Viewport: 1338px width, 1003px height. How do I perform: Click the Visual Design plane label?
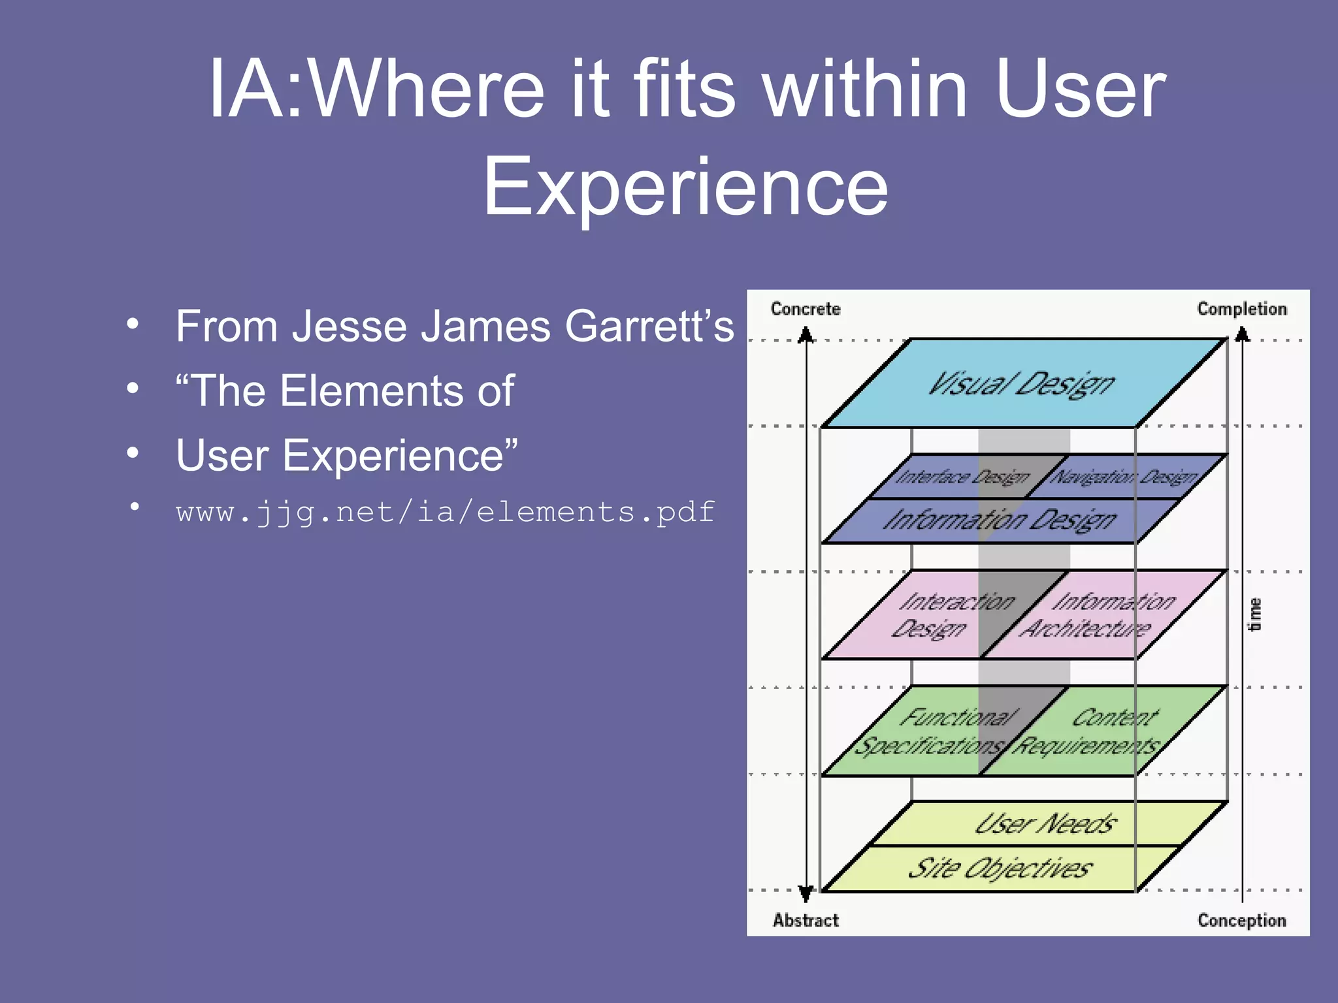coord(1022,384)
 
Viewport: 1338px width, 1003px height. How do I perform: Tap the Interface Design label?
coord(962,477)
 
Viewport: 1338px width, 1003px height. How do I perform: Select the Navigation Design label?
coord(1124,477)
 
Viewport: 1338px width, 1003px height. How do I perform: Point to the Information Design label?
coord(1000,520)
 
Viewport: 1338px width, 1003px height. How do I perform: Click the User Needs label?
coord(1045,824)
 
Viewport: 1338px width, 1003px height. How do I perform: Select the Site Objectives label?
coord(1000,868)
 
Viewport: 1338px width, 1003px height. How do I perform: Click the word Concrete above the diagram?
coord(805,309)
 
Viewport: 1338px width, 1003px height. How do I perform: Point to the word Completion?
coord(1241,309)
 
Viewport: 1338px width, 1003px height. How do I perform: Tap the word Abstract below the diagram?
coord(806,920)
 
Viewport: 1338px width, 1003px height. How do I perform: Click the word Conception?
coord(1241,920)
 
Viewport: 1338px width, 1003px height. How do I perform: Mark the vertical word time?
coord(1254,614)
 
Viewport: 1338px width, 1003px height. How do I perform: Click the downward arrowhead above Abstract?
coord(806,893)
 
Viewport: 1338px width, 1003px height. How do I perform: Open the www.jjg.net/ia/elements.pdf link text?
coord(446,512)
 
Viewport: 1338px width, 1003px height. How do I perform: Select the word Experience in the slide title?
coord(685,187)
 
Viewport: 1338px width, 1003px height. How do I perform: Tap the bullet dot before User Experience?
coord(133,453)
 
